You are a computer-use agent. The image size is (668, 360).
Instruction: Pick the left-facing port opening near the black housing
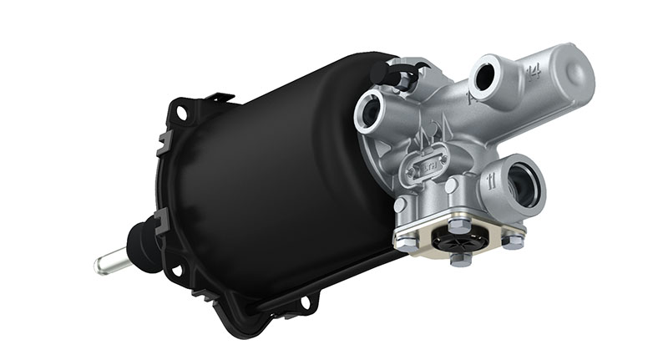point(368,113)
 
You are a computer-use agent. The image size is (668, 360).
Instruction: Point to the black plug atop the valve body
point(400,76)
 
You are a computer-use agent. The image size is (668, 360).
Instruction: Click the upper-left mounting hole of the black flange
point(180,109)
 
